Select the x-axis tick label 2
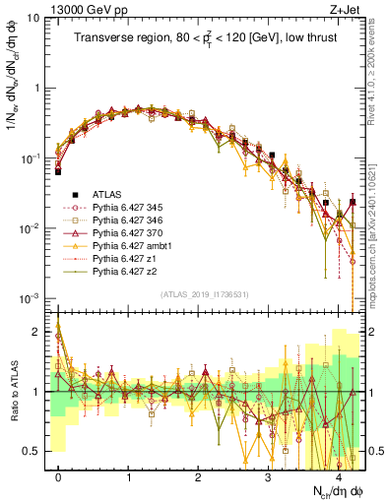click(198, 475)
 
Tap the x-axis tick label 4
click(338, 475)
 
